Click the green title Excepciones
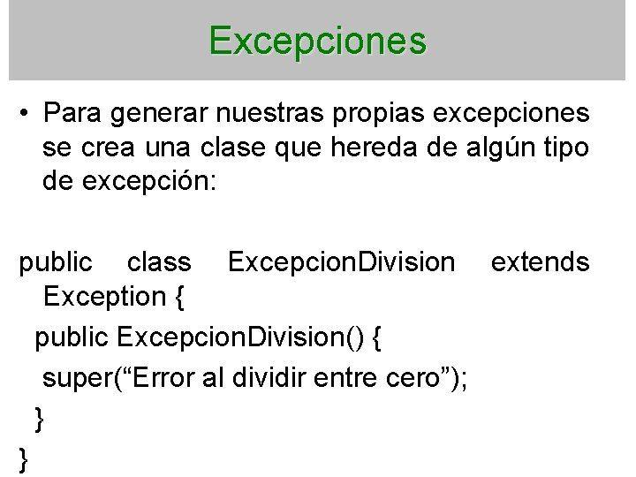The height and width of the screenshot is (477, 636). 318,41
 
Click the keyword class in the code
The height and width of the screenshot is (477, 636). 159,262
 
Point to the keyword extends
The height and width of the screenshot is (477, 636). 539,262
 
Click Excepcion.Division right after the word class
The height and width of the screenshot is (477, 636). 342,262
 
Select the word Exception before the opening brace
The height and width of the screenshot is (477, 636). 102,297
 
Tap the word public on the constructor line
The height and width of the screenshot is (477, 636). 72,337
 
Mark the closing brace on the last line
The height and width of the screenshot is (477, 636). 23,459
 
